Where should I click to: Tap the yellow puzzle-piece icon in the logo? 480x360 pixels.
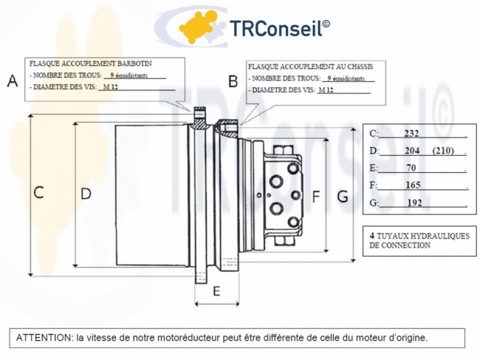pyautogui.click(x=196, y=27)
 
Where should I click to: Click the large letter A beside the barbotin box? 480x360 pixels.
pyautogui.click(x=13, y=81)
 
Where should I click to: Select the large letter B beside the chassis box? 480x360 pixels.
pyautogui.click(x=233, y=81)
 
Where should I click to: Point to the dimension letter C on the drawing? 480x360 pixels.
pyautogui.click(x=38, y=193)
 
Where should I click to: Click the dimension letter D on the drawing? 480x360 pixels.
pyautogui.click(x=86, y=194)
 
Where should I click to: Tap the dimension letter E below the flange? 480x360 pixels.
pyautogui.click(x=216, y=291)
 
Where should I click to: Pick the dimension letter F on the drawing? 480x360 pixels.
pyautogui.click(x=315, y=197)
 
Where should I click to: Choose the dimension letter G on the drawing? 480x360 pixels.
pyautogui.click(x=343, y=197)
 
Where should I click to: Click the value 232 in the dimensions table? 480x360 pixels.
pyautogui.click(x=411, y=134)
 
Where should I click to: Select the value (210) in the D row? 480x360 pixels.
pyautogui.click(x=443, y=151)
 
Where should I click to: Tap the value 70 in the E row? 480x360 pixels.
pyautogui.click(x=411, y=168)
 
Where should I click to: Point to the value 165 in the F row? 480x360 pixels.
pyautogui.click(x=413, y=185)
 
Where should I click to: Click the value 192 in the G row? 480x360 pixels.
pyautogui.click(x=415, y=203)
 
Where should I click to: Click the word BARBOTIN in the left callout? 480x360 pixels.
pyautogui.click(x=135, y=64)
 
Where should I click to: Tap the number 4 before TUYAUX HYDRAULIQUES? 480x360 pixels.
pyautogui.click(x=372, y=236)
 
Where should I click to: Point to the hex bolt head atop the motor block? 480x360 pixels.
pyautogui.click(x=282, y=151)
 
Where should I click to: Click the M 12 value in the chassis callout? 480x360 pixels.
pyautogui.click(x=326, y=90)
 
